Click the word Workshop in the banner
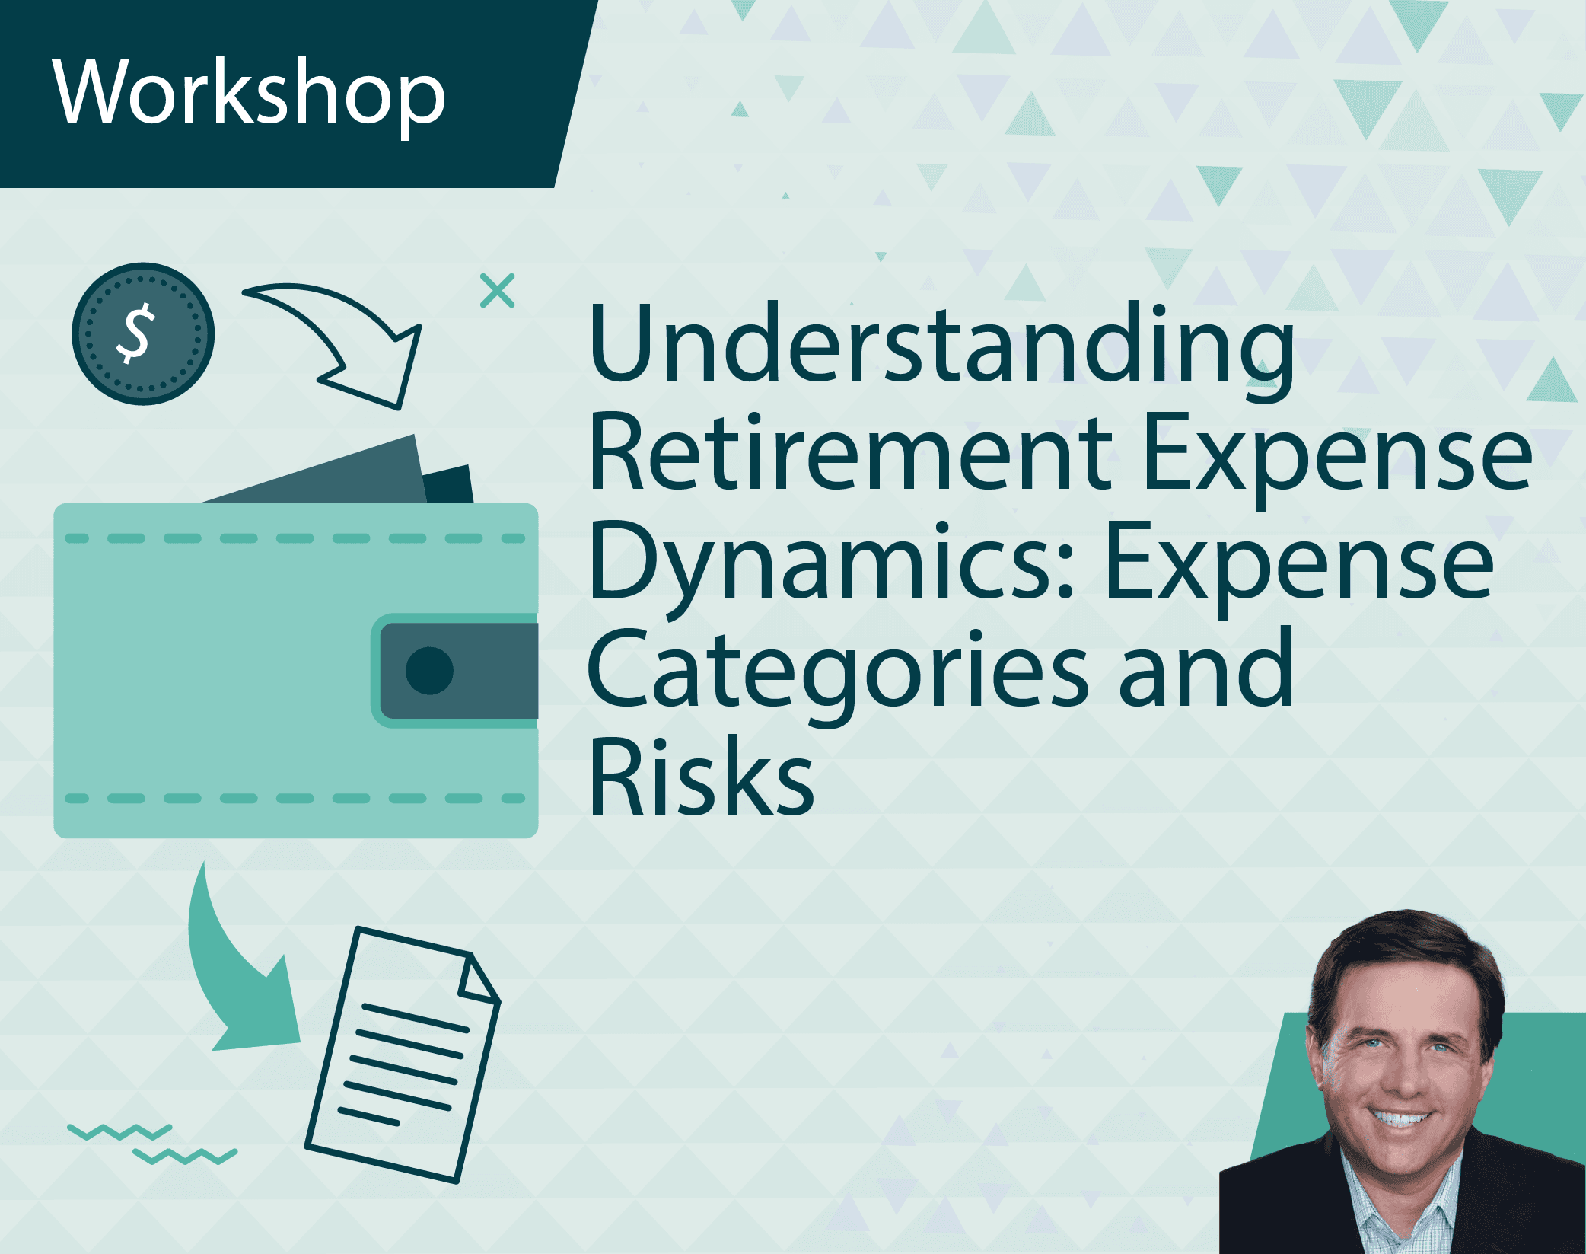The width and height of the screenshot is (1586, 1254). point(248,93)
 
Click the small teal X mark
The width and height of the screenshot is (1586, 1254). point(498,291)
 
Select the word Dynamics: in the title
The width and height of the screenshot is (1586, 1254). point(831,563)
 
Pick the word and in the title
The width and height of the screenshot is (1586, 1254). point(1205,667)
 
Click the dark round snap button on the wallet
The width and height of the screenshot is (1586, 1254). point(429,671)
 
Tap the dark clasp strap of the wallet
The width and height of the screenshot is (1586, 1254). point(459,671)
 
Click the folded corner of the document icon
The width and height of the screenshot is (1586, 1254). point(478,978)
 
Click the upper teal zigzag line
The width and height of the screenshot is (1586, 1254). point(119,1131)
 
